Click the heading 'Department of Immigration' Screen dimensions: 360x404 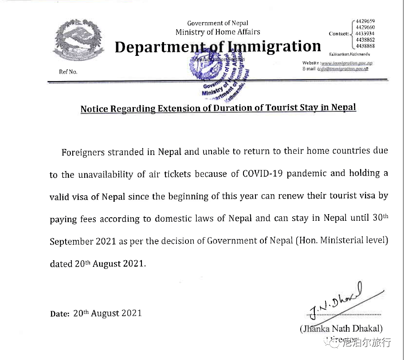click(x=217, y=47)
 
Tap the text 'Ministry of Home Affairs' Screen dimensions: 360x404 click(x=218, y=32)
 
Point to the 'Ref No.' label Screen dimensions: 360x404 click(x=68, y=72)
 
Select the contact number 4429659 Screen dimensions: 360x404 click(x=365, y=21)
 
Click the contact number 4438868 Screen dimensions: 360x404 click(x=365, y=46)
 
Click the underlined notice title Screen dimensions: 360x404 click(x=218, y=108)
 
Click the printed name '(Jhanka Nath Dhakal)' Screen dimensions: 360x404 click(x=341, y=329)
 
